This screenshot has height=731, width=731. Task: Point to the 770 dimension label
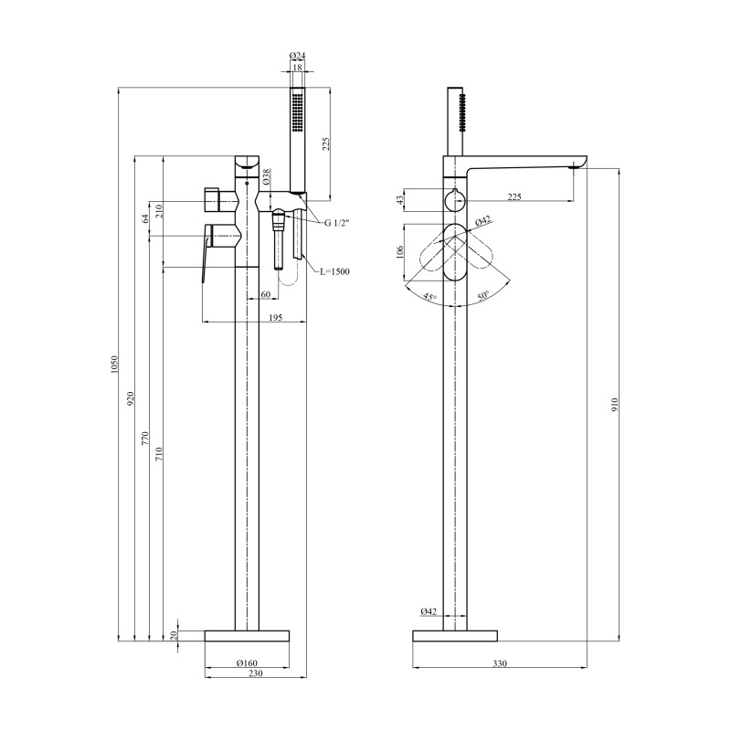click(145, 439)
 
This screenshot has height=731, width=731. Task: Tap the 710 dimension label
click(159, 453)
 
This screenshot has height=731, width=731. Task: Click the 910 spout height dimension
click(614, 404)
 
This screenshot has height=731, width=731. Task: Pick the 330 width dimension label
click(500, 663)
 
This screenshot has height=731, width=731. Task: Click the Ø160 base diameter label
click(247, 663)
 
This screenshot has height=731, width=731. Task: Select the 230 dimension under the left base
click(256, 673)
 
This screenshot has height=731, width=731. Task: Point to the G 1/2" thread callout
click(336, 222)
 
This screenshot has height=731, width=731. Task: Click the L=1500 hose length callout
click(334, 271)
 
